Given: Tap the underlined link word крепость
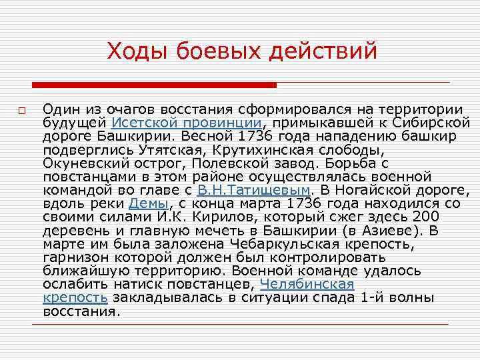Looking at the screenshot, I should pyautogui.click(x=75, y=296).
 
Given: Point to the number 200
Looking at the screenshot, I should pyautogui.click(x=427, y=216).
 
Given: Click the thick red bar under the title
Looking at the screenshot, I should pyautogui.click(x=154, y=85).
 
